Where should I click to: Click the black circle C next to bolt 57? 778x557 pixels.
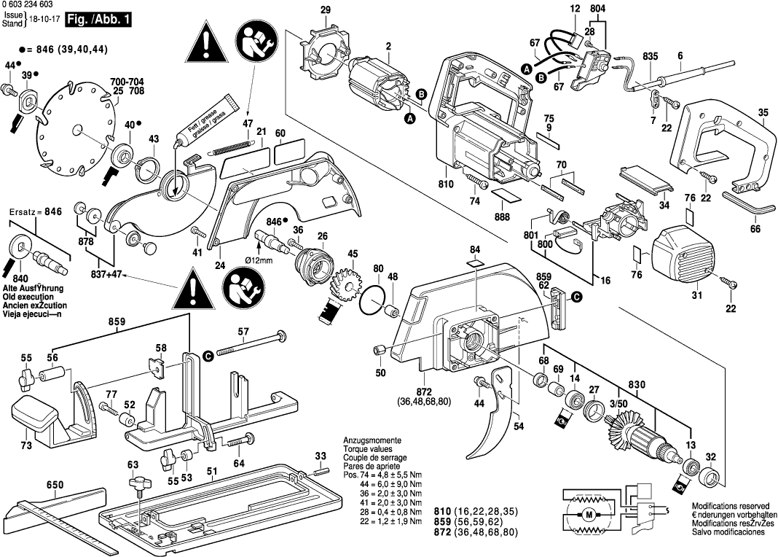point(208,355)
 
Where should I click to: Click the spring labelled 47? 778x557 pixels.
point(232,147)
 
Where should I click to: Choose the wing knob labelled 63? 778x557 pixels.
point(135,483)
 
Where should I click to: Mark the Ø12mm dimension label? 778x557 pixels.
point(259,260)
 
